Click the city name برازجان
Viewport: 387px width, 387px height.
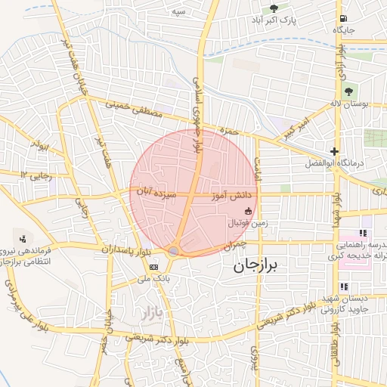point(255,265)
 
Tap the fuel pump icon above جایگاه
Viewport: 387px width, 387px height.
point(345,19)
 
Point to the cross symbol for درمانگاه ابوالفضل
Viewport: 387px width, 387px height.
point(335,151)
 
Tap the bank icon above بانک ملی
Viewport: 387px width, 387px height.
point(154,267)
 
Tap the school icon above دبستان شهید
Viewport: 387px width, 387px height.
point(345,286)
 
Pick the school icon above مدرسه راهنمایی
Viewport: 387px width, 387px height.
point(364,234)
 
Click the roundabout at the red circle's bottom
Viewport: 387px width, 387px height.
point(175,251)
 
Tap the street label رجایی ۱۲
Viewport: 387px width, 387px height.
point(34,175)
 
